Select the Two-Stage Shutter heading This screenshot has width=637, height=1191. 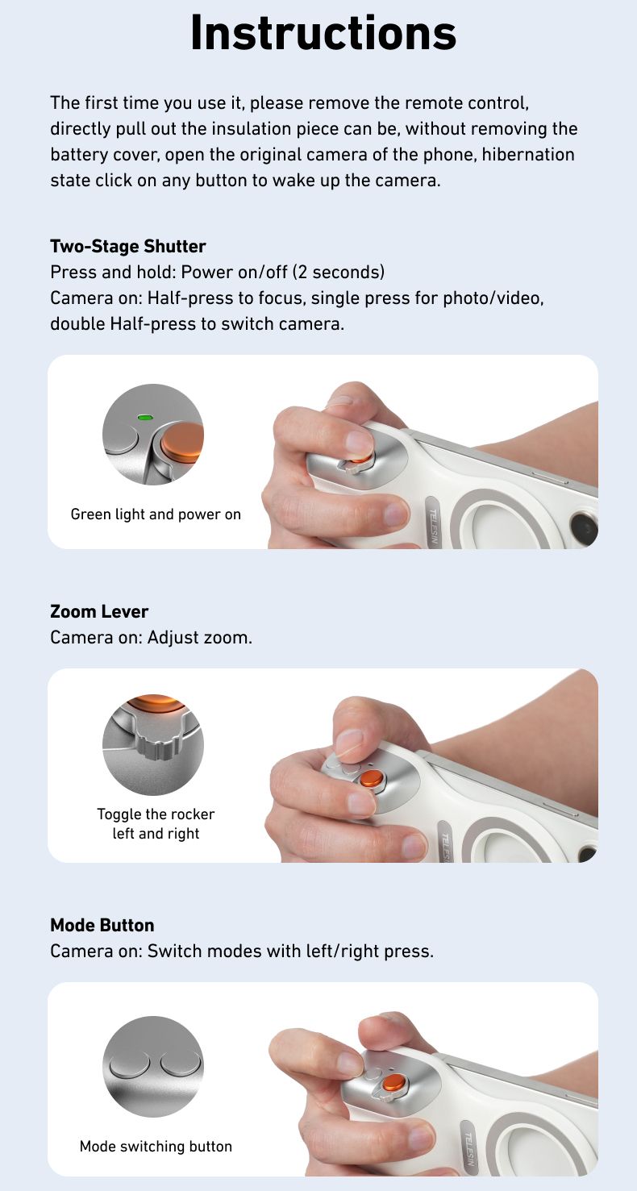[128, 246]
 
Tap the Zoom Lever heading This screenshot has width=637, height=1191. [99, 611]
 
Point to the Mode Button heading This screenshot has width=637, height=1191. [102, 925]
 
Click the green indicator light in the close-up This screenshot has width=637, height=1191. [146, 418]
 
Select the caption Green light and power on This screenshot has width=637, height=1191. [156, 514]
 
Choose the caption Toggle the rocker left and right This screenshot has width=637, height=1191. [156, 823]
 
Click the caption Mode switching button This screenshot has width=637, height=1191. [156, 1146]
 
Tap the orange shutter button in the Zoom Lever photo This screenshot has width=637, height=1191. [372, 778]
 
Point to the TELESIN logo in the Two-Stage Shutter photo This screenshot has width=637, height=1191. [435, 525]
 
